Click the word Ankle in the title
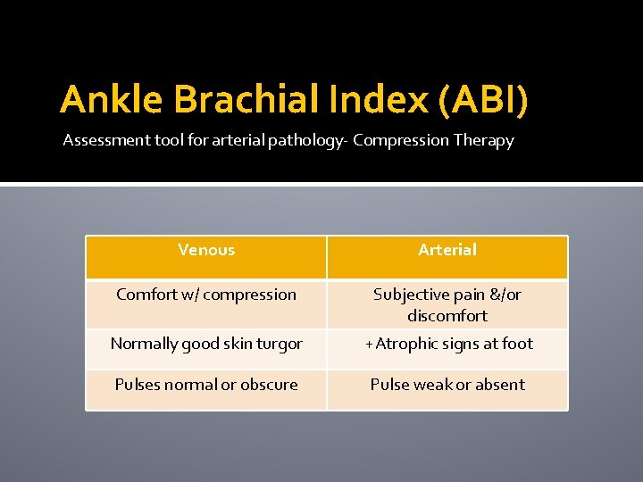click(112, 100)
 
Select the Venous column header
click(206, 250)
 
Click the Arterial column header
click(447, 250)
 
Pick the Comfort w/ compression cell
click(206, 295)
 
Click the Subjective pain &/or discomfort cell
click(447, 304)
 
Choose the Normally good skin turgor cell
click(206, 344)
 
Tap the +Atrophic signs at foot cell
click(447, 344)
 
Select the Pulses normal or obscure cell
click(206, 385)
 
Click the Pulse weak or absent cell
click(447, 385)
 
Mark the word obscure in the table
click(269, 385)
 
